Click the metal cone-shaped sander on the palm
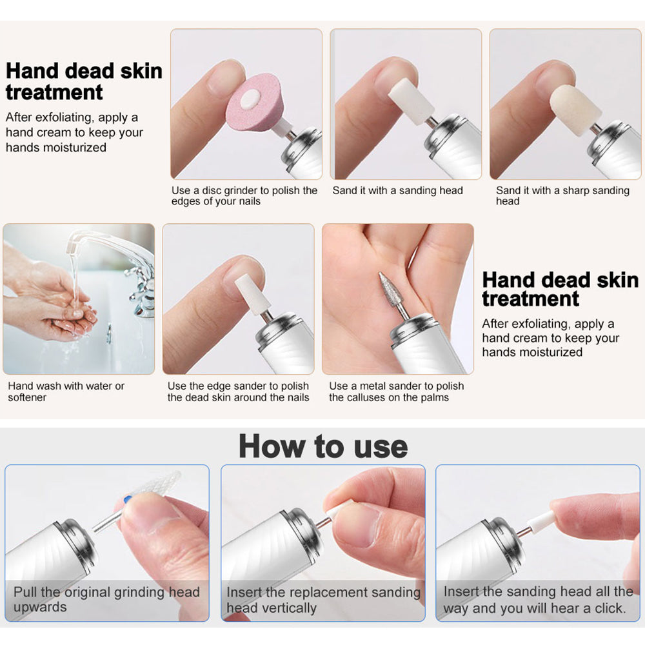tap(391, 292)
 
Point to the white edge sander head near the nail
tap(252, 293)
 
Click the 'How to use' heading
tap(323, 446)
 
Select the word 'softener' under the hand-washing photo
tap(27, 397)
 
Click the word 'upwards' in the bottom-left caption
tap(40, 608)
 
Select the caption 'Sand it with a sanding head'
tap(398, 190)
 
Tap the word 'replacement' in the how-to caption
tap(312, 592)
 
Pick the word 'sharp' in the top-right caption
tap(575, 190)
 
